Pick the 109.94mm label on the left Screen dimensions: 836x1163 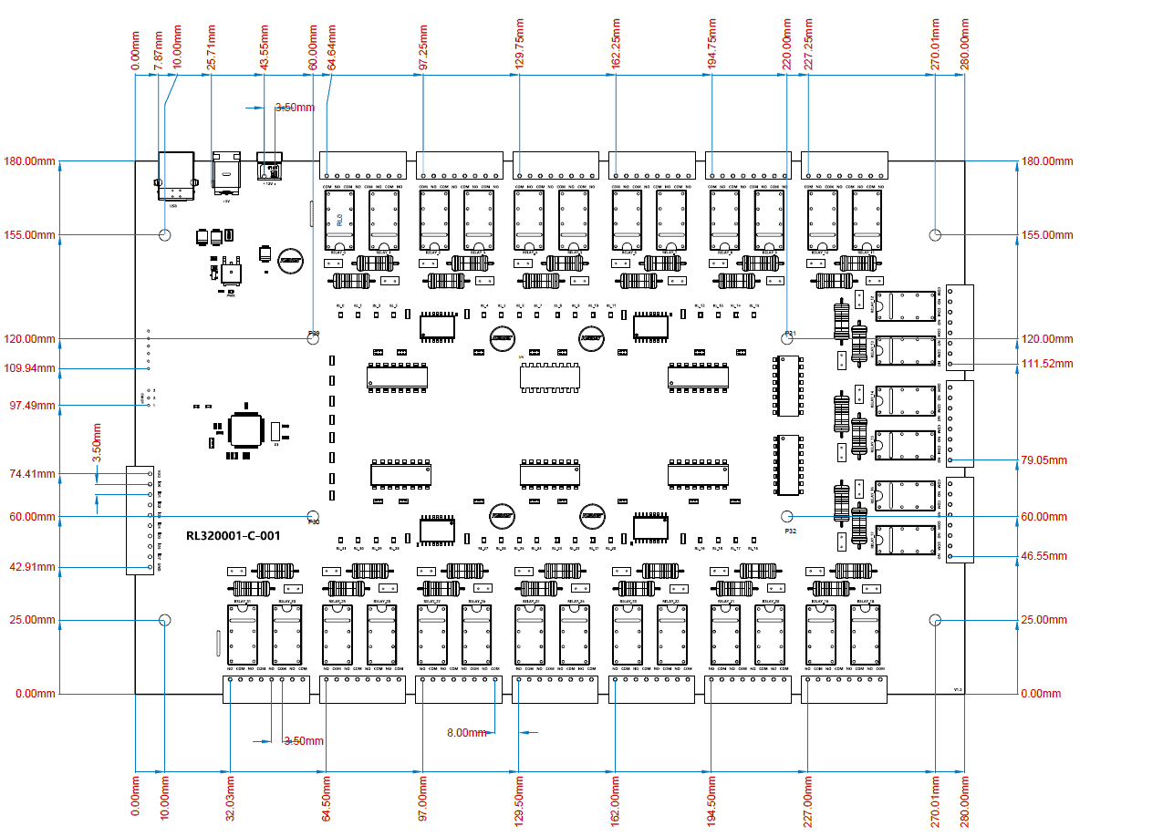point(30,369)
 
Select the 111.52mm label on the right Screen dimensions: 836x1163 point(1047,364)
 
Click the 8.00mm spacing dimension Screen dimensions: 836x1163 point(468,732)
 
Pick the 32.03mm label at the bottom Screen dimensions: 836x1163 point(229,797)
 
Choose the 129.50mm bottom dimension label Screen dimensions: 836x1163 point(518,800)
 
